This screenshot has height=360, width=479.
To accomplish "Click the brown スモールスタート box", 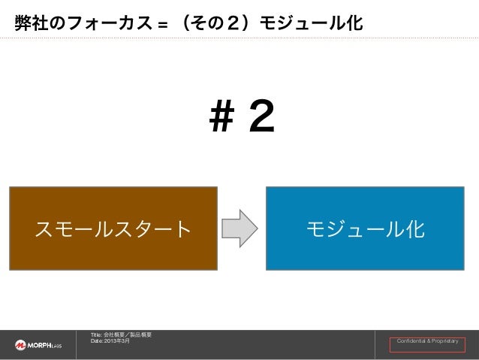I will click(x=113, y=228).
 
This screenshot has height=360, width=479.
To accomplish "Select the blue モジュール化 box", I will click(x=364, y=228).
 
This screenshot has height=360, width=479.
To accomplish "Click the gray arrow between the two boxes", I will click(x=242, y=228).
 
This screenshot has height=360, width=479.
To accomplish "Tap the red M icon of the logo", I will click(x=20, y=344).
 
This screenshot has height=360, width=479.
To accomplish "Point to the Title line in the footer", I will click(x=121, y=334).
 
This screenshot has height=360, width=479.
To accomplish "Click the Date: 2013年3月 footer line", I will click(x=110, y=341).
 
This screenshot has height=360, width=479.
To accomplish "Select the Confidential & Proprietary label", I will click(x=426, y=343).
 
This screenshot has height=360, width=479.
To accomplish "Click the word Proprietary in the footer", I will click(x=443, y=343).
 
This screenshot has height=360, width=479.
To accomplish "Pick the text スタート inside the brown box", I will click(x=153, y=228).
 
